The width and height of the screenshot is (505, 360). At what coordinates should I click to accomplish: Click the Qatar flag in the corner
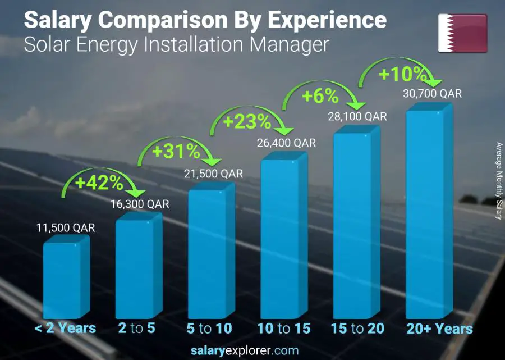(462, 33)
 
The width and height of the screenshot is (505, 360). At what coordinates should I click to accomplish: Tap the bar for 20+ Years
(429, 213)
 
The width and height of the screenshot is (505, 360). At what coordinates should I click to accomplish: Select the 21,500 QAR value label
(212, 174)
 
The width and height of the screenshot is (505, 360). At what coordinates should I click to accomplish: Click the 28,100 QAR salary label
(357, 116)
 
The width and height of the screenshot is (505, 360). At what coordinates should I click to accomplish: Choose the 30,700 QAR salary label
(431, 94)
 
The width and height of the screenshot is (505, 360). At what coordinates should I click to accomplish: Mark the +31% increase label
(176, 151)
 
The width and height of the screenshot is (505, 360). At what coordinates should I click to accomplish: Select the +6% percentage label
(320, 96)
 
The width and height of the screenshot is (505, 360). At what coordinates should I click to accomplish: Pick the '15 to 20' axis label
(357, 329)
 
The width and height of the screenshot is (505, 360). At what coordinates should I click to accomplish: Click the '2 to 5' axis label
(137, 329)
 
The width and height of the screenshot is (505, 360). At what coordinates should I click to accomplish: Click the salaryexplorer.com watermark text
(252, 350)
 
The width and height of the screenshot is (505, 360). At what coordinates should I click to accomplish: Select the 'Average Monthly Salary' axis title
(499, 181)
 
